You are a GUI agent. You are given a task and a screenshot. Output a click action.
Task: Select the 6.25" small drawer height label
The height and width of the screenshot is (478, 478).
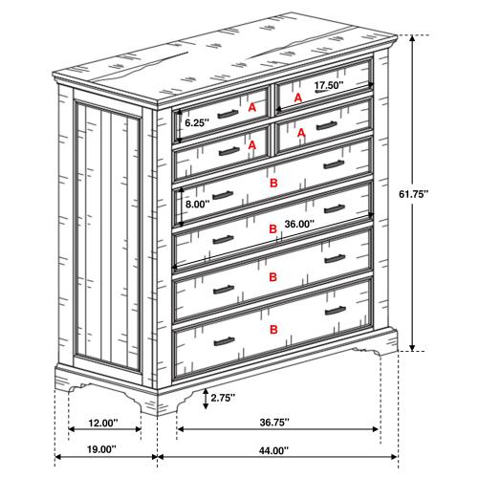196,123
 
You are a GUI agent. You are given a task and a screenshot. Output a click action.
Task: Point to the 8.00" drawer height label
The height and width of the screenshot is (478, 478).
198,205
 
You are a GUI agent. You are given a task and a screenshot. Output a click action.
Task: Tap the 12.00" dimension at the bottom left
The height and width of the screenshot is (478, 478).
101,424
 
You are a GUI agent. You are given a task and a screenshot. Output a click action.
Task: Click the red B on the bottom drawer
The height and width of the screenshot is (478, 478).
273,329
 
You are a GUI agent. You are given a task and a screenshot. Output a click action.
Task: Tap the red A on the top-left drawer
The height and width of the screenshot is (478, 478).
252,109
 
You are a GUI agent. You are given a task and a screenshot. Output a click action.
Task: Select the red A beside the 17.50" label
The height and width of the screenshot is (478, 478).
297,98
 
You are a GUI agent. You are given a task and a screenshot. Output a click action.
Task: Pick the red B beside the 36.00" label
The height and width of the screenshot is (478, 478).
273,229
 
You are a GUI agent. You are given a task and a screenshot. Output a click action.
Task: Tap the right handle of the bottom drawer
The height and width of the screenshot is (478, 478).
336,310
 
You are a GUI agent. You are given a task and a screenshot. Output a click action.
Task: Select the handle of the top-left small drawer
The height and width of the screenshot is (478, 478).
226,115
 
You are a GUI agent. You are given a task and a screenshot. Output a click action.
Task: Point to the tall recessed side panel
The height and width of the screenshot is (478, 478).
107,239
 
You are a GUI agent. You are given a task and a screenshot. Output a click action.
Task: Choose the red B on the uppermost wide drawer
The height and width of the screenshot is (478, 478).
273,181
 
